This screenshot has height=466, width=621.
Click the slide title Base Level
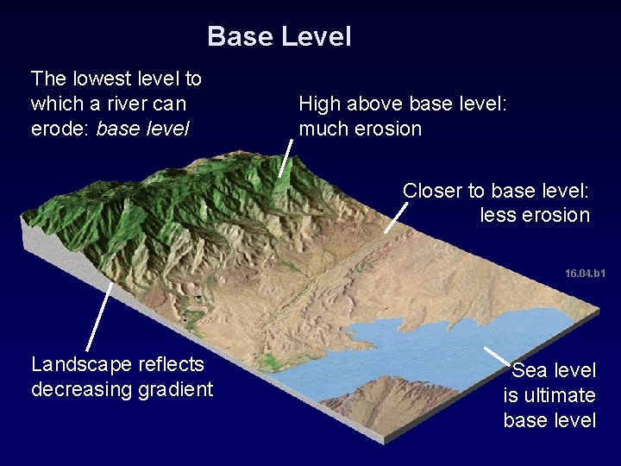[279, 37]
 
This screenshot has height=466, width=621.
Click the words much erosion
[360, 129]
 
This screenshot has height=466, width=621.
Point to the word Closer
[433, 190]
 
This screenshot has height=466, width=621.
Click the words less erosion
[534, 215]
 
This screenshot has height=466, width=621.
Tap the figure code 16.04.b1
[585, 274]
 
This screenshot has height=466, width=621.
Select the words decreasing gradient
[122, 389]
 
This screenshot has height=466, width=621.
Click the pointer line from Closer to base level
[396, 217]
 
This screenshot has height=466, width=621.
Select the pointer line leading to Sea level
[497, 356]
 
